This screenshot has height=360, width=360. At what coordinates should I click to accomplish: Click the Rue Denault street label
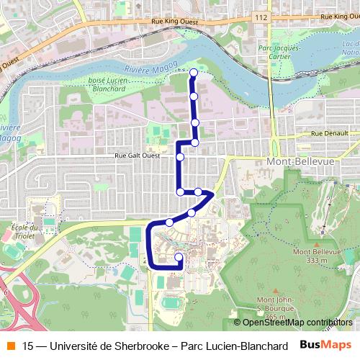tap(330, 135)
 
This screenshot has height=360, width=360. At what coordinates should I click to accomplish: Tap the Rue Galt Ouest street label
tap(140, 156)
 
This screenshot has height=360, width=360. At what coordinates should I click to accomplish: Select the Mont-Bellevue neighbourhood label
tap(300, 161)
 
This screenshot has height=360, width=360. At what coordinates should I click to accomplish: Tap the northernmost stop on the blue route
tap(193, 71)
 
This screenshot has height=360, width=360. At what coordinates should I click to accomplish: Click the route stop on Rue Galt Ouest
tap(180, 156)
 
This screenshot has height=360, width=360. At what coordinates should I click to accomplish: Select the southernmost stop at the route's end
tap(179, 256)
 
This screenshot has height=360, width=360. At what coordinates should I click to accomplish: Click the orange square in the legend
tap(10, 346)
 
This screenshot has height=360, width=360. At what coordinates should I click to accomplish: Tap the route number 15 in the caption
tap(28, 346)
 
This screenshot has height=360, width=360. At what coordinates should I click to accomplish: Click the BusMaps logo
tap(325, 346)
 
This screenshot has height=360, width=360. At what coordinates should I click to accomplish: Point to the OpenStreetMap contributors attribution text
tap(293, 323)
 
